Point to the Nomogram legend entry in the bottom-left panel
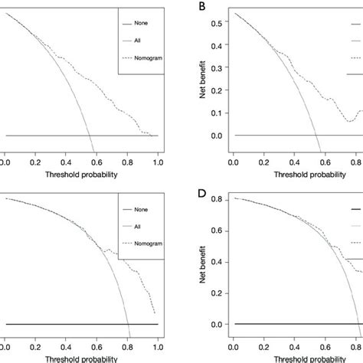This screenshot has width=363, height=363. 148,244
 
